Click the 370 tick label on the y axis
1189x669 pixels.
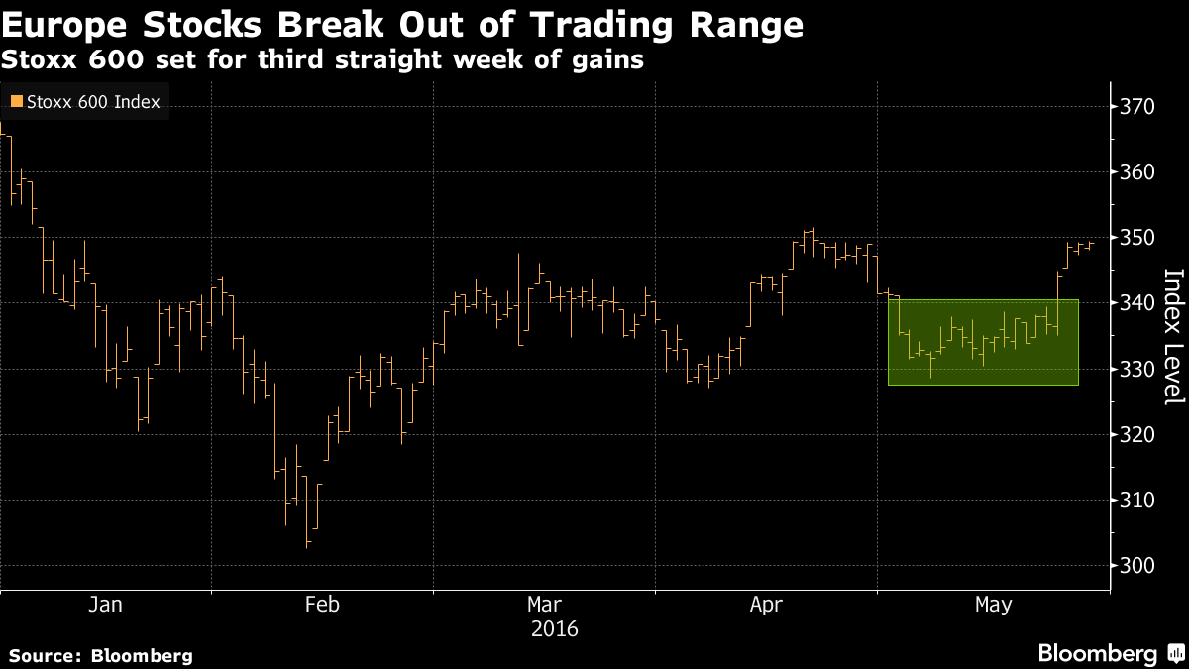1137,107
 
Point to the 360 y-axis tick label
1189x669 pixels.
1137,172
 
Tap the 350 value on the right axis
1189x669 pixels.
1137,238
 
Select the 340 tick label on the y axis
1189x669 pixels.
1137,303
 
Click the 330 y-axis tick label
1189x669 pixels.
1137,369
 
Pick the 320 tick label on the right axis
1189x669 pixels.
1137,434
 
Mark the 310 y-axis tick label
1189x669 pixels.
1137,500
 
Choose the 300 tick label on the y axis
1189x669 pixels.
1137,565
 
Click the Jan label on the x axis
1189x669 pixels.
105,605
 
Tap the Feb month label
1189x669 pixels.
322,605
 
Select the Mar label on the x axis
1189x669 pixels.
544,605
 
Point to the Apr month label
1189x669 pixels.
766,605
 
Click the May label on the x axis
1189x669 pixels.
994,605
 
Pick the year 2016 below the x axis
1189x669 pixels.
555,629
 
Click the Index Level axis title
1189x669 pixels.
1172,337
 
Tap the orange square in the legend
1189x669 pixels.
16,101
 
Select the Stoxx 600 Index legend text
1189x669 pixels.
93,101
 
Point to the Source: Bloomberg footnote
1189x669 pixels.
100,655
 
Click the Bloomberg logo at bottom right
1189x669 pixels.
1110,654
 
